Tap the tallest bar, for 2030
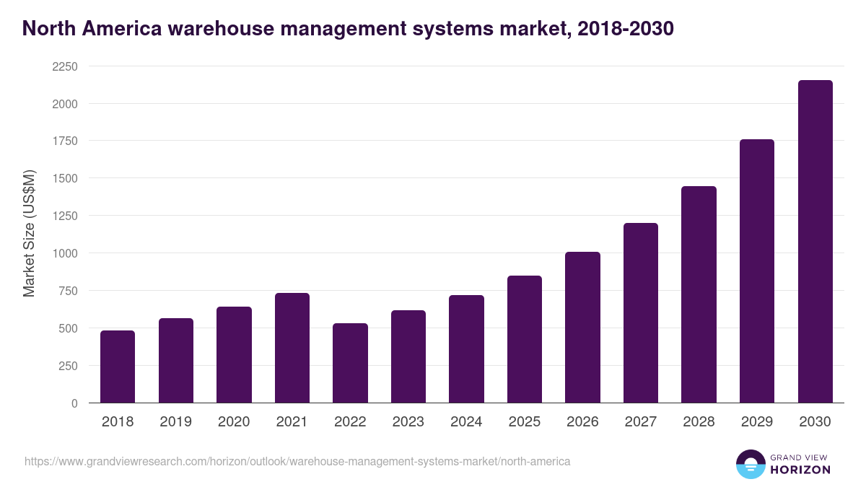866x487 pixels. tap(815, 242)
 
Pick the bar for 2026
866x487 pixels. tap(582, 328)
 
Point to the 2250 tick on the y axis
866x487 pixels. tap(64, 66)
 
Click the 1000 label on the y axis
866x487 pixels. tap(64, 253)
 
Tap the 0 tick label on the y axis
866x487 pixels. tap(74, 403)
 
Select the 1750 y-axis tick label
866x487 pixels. tap(64, 141)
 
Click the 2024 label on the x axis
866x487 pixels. tap(466, 422)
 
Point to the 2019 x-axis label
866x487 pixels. tap(175, 422)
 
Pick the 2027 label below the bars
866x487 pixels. tap(640, 422)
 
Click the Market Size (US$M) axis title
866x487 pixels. tap(29, 234)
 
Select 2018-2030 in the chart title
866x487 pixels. tap(626, 28)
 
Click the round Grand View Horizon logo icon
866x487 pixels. tap(750, 464)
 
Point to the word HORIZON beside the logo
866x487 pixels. tap(800, 470)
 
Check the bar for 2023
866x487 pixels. tap(408, 356)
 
